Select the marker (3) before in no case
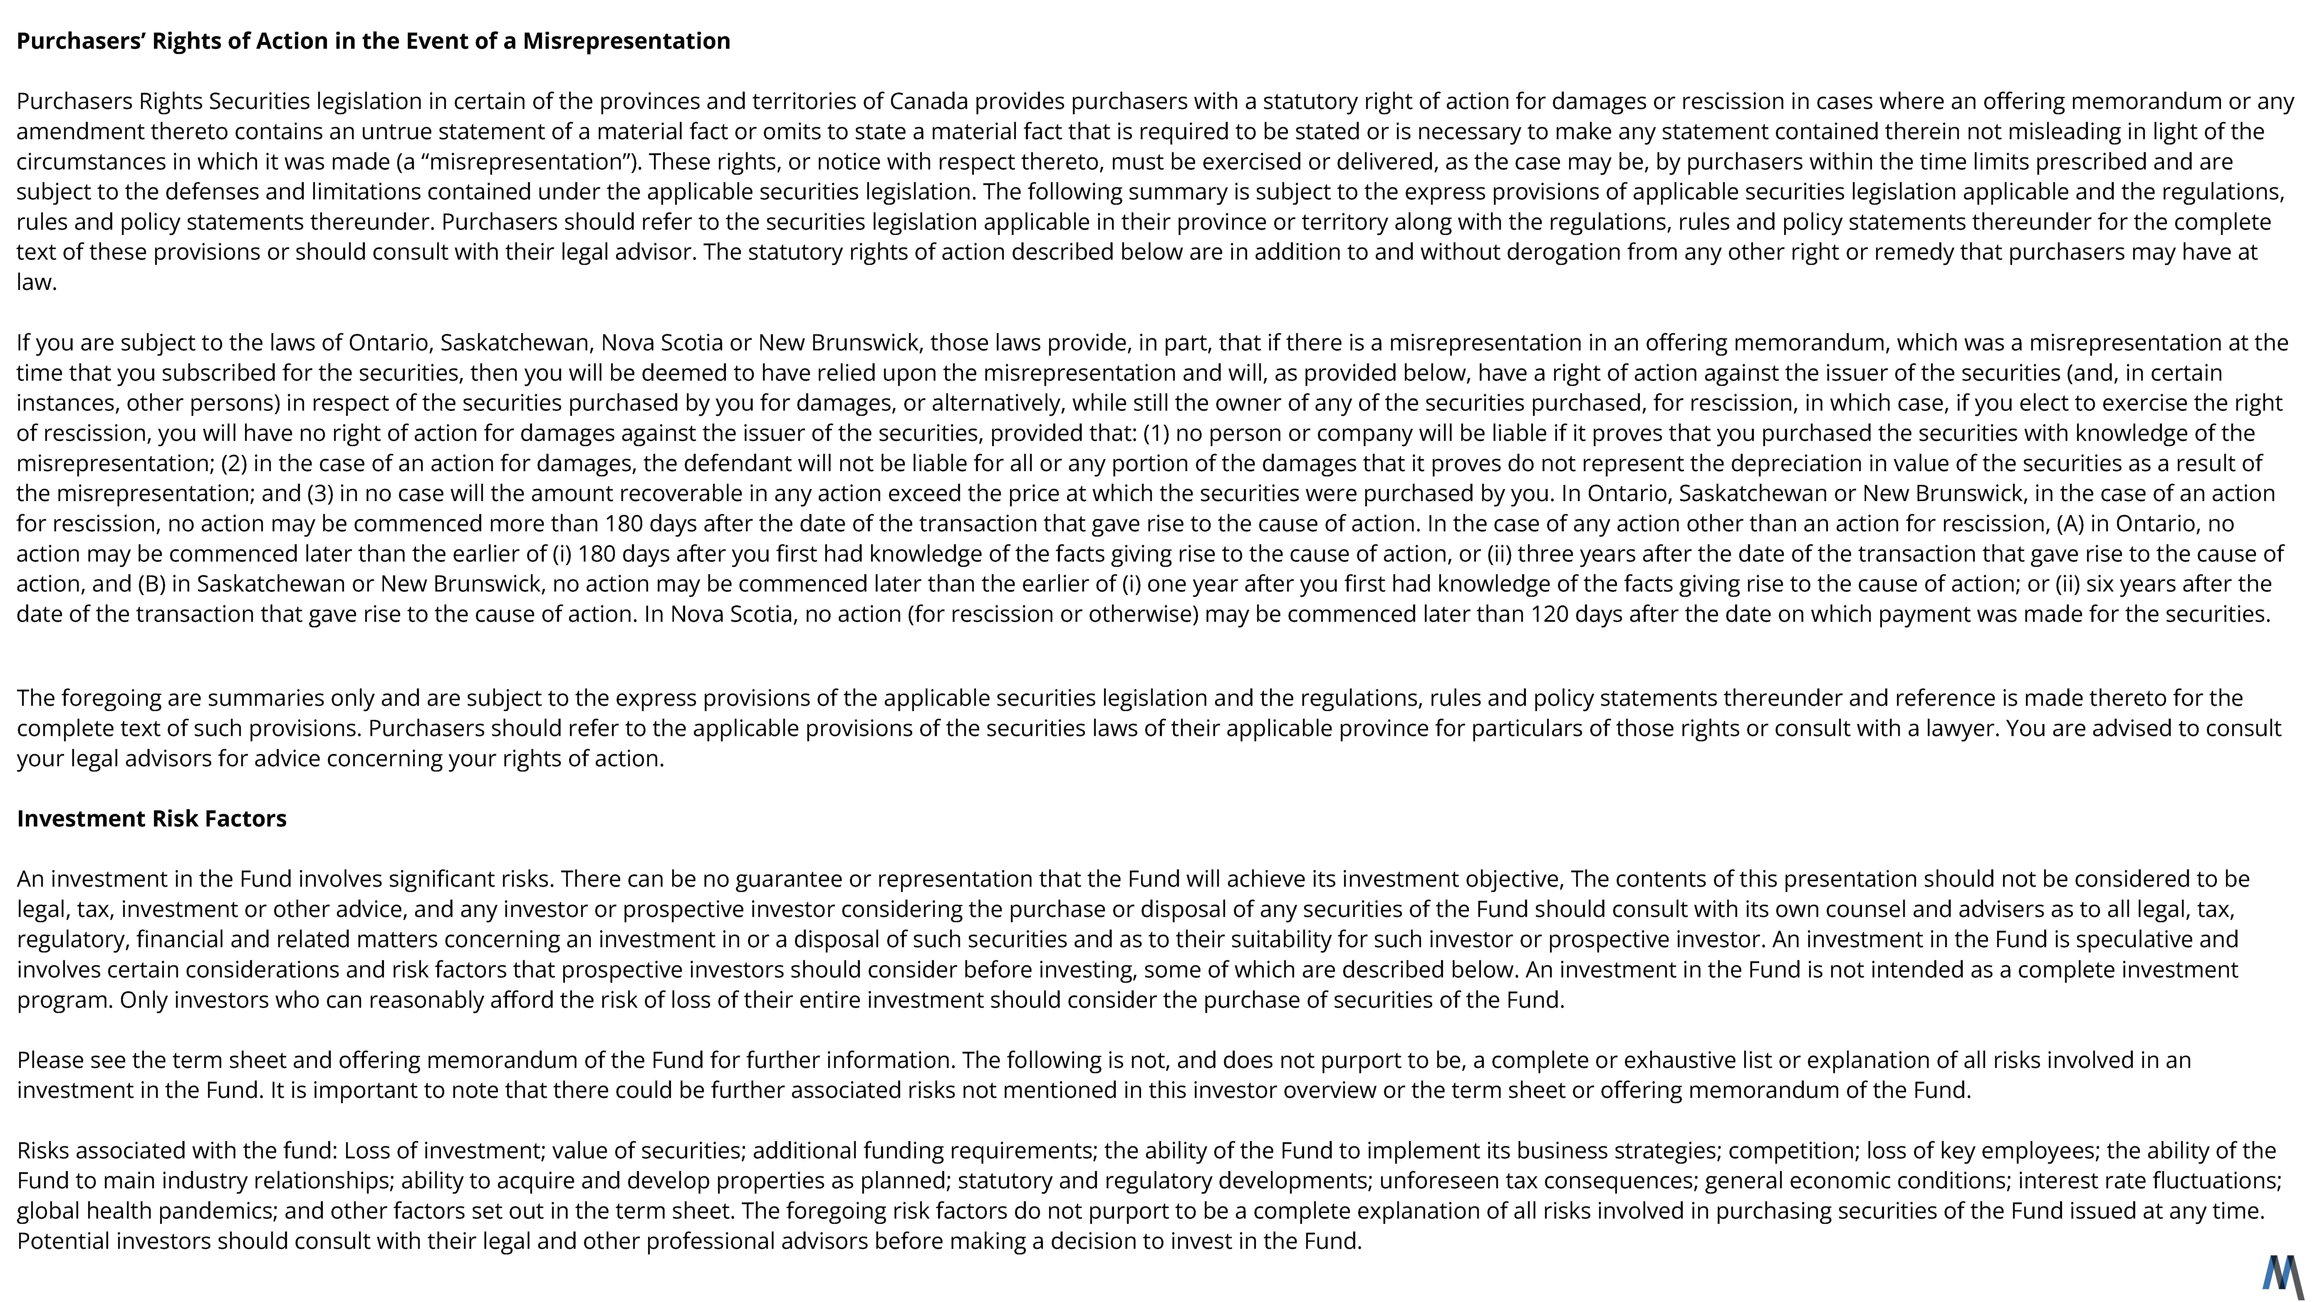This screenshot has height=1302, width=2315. coord(321,494)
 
